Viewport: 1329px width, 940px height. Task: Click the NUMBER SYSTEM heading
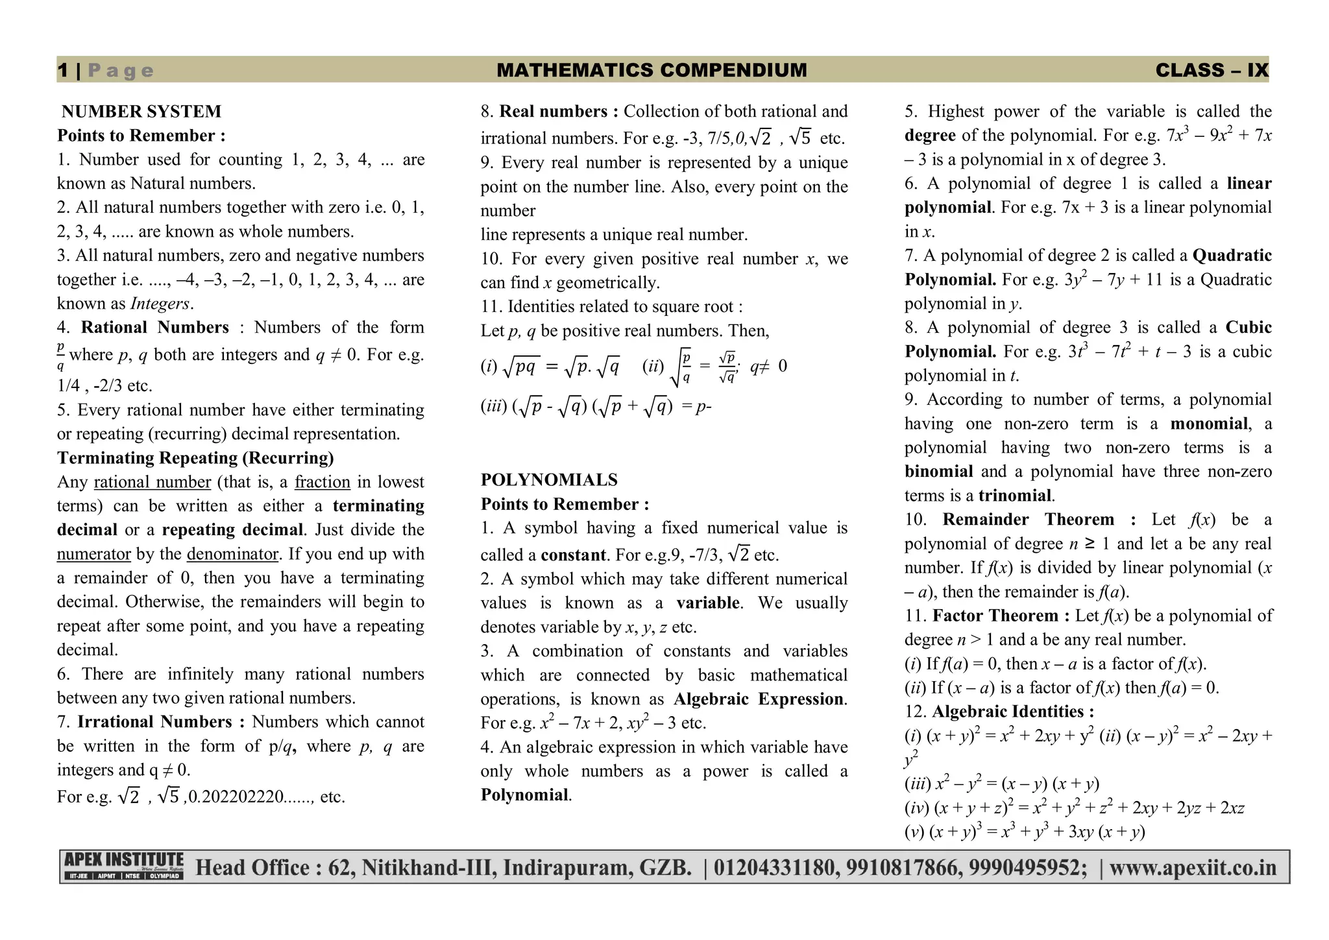click(x=141, y=112)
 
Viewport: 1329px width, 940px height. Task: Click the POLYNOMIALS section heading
click(x=549, y=480)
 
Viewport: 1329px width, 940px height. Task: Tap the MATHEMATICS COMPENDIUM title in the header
click(x=652, y=70)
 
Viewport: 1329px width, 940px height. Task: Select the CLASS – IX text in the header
click(x=1212, y=70)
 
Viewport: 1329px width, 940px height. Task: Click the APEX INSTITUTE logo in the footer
click(x=123, y=866)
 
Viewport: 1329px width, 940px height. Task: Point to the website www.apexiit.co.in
click(x=1193, y=868)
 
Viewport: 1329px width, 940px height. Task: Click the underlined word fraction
click(x=323, y=482)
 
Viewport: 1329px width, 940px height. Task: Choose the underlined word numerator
click(x=94, y=554)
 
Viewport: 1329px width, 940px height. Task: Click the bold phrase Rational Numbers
click(x=155, y=328)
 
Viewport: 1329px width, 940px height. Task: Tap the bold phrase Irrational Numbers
click(x=154, y=722)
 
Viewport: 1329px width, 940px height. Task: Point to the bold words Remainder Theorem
click(x=1028, y=520)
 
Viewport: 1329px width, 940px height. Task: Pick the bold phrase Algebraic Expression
click(x=759, y=699)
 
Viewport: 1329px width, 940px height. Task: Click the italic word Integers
click(x=160, y=304)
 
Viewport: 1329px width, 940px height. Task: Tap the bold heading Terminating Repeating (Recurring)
click(x=195, y=458)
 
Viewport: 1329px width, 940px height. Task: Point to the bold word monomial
click(x=1210, y=424)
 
